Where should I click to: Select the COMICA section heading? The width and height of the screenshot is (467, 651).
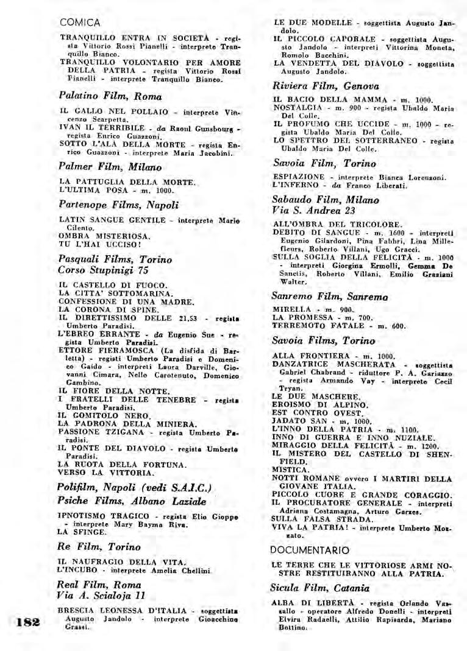pos(80,23)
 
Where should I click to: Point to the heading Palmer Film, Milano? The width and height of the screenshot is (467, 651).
pos(110,167)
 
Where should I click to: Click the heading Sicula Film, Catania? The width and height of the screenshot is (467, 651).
pos(321,588)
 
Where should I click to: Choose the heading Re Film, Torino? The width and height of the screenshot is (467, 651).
pos(99,547)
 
